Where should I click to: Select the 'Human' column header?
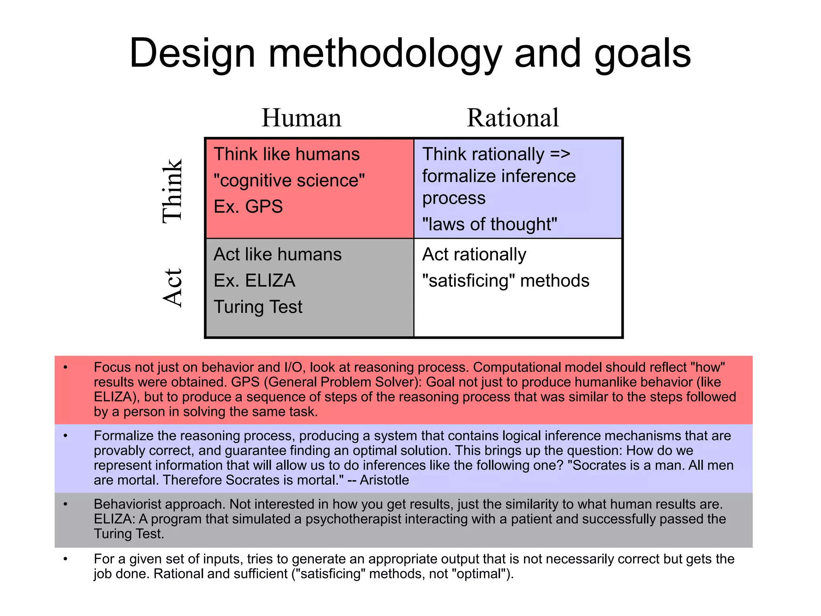(x=301, y=118)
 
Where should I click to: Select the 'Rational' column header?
(x=513, y=118)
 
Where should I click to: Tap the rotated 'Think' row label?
(x=172, y=190)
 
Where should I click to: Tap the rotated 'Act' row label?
(x=172, y=288)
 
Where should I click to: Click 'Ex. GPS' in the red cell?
(x=248, y=207)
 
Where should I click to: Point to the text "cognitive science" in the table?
(x=289, y=180)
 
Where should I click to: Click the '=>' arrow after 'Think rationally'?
(x=560, y=154)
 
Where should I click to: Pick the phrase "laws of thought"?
(x=489, y=224)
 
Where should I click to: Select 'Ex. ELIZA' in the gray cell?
(x=255, y=281)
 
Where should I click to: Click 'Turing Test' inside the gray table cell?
(x=258, y=307)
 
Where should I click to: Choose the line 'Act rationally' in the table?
(x=474, y=254)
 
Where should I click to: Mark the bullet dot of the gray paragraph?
(x=65, y=504)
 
